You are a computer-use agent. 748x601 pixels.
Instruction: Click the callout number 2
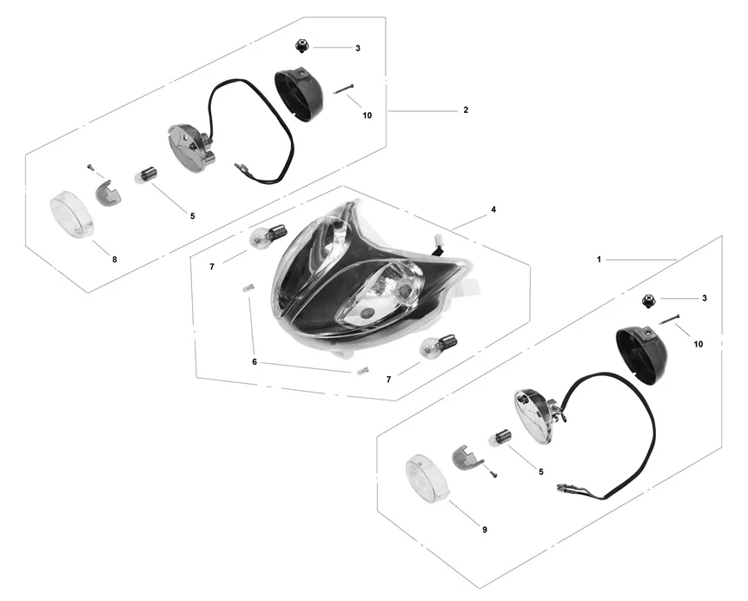tap(466, 110)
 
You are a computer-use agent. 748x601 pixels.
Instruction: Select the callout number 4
tap(493, 209)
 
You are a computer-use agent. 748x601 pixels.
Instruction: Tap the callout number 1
tap(599, 260)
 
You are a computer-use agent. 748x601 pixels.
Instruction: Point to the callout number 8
tap(115, 260)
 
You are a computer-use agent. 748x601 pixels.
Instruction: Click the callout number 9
tap(485, 530)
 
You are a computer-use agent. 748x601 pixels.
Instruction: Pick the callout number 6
tap(255, 362)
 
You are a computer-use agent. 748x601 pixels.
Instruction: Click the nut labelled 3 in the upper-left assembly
tap(301, 47)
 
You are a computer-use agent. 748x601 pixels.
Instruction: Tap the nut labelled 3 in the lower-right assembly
tap(649, 300)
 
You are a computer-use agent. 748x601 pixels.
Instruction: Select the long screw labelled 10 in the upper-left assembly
tap(343, 89)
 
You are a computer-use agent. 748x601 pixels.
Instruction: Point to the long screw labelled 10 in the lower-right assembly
tap(669, 319)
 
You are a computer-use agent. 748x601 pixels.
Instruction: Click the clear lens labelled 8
tap(71, 215)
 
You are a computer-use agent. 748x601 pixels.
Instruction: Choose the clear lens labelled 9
tap(427, 478)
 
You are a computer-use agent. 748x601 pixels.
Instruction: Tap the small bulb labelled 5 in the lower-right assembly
tap(499, 439)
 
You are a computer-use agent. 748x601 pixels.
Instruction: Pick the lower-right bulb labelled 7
tap(438, 347)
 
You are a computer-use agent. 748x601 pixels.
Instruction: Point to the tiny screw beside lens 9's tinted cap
tap(493, 473)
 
